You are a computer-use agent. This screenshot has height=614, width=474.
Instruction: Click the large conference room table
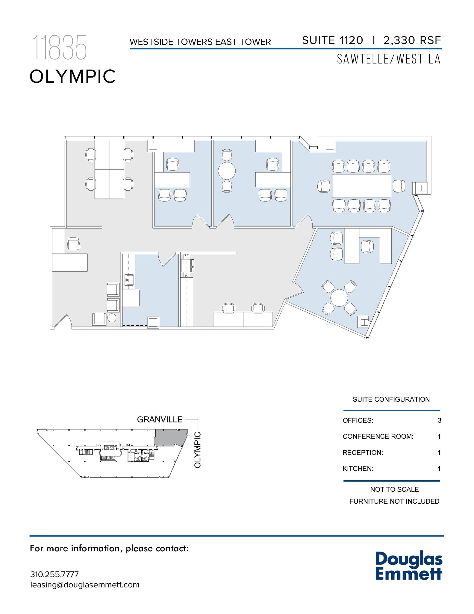[361, 186]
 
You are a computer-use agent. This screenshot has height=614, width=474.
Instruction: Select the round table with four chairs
[339, 298]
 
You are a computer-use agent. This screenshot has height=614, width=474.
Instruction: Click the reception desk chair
[73, 244]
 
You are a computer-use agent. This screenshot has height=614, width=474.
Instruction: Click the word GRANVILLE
[160, 419]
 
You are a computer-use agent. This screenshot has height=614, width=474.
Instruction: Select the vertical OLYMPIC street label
[197, 450]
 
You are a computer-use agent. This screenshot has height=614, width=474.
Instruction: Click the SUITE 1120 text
[332, 40]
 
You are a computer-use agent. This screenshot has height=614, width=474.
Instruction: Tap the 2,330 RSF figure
[412, 40]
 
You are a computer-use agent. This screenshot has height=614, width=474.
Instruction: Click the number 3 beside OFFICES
[439, 420]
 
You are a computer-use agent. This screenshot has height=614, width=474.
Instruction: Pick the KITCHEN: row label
[358, 469]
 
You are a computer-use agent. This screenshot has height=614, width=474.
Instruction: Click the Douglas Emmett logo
[409, 566]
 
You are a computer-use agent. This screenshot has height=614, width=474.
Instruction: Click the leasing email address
[85, 585]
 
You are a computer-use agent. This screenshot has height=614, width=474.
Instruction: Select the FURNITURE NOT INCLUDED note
[394, 501]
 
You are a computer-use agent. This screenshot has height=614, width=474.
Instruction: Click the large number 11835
[59, 47]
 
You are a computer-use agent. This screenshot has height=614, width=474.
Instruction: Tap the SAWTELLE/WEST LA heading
[389, 59]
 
